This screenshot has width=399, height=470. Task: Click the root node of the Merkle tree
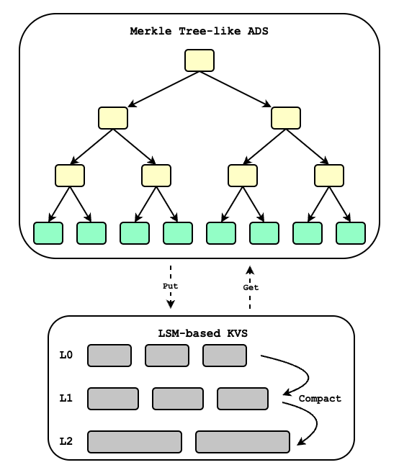pos(199,60)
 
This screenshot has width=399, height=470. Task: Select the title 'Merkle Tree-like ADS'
pos(199,32)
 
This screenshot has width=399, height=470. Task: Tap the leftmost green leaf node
pos(48,233)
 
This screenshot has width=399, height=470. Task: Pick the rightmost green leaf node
pos(351,233)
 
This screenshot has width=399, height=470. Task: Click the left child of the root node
pos(113,118)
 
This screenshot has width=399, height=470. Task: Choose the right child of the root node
pos(286,118)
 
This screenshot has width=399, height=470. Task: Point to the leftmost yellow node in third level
pos(70,176)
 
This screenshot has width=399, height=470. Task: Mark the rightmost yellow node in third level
pos(329,176)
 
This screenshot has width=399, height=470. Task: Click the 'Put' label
pos(170,286)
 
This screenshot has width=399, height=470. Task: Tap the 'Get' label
pos(250,287)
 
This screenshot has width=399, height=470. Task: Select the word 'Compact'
pos(320,398)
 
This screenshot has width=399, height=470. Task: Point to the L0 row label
pos(66,355)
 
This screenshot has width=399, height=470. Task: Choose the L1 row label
pos(66,398)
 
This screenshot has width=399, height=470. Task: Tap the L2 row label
pos(66,441)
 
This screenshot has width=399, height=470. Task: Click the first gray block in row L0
pos(109,356)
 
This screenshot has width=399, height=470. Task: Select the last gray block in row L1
pos(243,399)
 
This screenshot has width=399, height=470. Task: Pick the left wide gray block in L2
pos(135,442)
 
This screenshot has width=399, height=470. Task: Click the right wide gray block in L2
pos(243,442)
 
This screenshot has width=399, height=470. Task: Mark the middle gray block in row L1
pos(178,399)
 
